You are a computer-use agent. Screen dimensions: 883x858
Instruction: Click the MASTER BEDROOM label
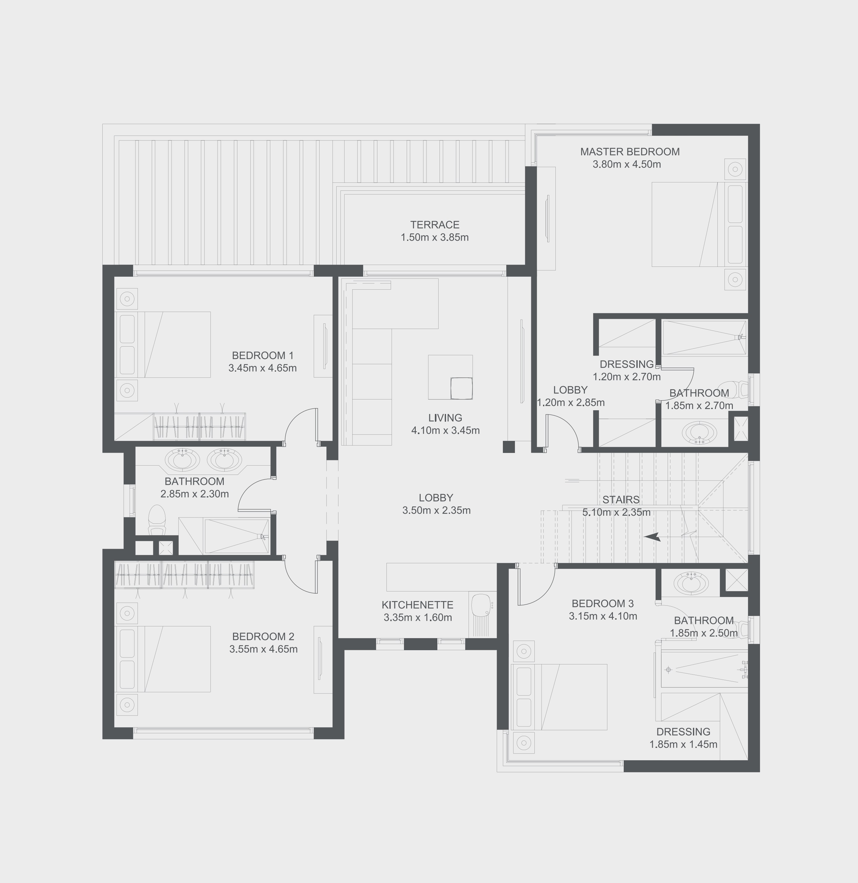pos(630,152)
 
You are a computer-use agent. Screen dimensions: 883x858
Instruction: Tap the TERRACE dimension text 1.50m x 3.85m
pos(434,237)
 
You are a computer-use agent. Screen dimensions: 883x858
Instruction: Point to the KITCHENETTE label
pos(417,605)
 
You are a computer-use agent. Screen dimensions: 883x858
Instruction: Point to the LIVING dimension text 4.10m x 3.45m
pos(445,430)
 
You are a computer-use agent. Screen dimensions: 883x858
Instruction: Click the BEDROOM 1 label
pos(262,356)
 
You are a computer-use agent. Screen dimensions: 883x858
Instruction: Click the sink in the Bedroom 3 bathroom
pos(690,583)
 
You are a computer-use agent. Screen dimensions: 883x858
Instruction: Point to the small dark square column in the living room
pos(508,447)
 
